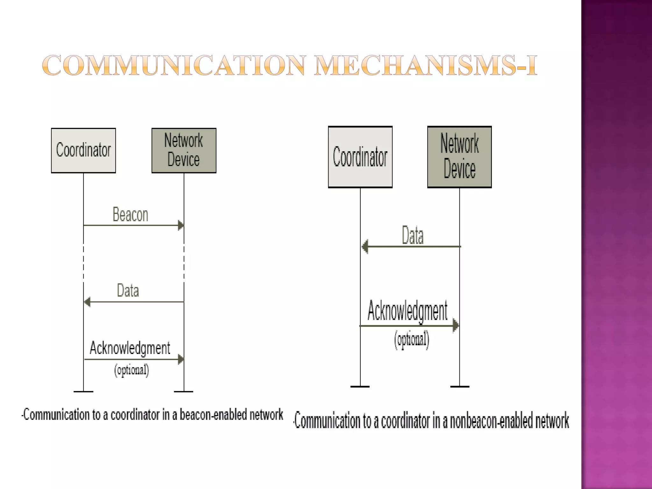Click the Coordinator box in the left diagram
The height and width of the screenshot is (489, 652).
click(83, 151)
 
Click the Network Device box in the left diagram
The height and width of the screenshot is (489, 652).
click(184, 151)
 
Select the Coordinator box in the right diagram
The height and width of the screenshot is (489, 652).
click(360, 157)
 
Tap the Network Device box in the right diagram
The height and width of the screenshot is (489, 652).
click(459, 157)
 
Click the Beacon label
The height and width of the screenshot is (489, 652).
click(131, 215)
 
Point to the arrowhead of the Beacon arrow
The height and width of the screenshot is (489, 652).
click(181, 225)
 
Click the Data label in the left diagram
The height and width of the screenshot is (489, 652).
click(128, 290)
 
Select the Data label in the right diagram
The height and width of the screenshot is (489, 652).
click(413, 236)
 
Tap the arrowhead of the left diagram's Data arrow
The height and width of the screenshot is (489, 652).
click(87, 302)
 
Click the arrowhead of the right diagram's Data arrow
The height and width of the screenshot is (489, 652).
click(365, 246)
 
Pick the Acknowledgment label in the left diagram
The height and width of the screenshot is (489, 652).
click(130, 348)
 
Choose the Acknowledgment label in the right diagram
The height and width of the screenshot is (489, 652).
click(407, 311)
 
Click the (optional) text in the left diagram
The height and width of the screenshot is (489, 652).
click(131, 370)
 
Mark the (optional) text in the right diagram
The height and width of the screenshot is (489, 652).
click(412, 340)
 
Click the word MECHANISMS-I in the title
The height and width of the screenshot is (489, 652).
click(426, 65)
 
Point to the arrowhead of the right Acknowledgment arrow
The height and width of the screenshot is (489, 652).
click(456, 326)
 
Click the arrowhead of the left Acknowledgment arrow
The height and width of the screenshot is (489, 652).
click(181, 359)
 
